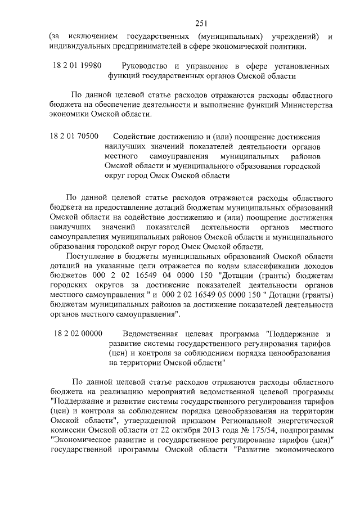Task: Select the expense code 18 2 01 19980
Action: (77, 66)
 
